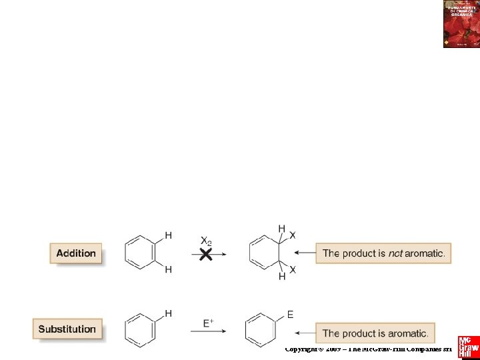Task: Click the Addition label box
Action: coord(76,253)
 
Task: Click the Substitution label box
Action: coord(67,329)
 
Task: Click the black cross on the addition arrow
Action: coord(207,254)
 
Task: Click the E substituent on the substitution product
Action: coord(290,314)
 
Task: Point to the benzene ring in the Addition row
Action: coord(139,253)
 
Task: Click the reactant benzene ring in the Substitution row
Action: coord(139,329)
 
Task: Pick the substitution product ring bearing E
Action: coord(260,329)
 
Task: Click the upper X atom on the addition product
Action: coord(293,235)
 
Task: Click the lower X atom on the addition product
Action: coord(293,269)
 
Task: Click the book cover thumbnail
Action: coord(461,24)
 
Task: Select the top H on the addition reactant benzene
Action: coord(168,235)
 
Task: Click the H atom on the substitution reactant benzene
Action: coord(168,313)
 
